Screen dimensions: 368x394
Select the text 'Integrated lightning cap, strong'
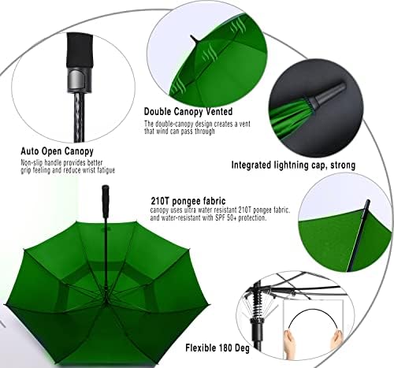pos(292,165)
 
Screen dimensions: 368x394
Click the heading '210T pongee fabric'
pos(180,201)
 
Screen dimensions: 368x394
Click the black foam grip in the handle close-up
pos(80,50)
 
